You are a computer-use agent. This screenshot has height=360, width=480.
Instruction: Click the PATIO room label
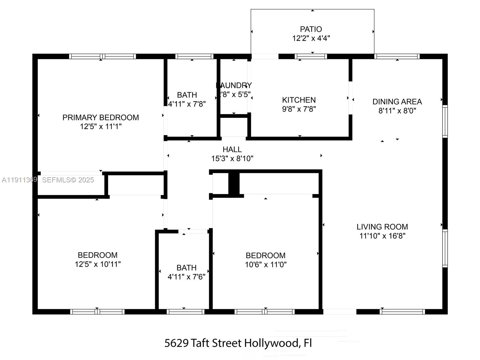point(311,29)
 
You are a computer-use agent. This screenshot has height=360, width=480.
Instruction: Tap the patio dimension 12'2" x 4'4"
point(311,38)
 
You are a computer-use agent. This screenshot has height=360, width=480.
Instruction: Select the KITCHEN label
point(299,100)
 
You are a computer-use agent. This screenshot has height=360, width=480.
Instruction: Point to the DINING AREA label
point(397,102)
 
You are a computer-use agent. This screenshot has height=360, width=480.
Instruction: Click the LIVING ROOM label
point(382,227)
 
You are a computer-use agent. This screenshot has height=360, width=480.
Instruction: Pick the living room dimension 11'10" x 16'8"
point(382,236)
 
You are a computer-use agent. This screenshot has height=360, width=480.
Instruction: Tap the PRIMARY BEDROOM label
point(100,117)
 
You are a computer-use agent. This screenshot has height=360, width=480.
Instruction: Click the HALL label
point(232,149)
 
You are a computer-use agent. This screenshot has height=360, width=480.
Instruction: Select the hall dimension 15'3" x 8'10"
point(232,158)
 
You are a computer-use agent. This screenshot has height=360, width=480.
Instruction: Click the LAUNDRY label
point(234,85)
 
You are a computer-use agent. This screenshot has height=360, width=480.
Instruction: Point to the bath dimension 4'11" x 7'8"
point(187,104)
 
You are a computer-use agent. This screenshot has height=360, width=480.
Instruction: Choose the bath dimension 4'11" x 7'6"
point(186,277)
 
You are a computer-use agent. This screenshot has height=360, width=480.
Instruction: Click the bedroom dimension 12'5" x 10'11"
point(97,264)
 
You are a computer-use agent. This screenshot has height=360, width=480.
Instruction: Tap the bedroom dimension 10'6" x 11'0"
point(265,264)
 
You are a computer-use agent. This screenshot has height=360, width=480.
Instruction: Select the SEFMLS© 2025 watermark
point(68,180)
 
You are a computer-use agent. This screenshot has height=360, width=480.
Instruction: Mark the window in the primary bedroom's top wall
point(102,56)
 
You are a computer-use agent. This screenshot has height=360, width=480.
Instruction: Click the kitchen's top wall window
point(310,56)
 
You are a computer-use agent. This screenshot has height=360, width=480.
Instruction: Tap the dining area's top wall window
point(397,56)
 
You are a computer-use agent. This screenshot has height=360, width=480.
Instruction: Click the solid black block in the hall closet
point(234,184)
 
